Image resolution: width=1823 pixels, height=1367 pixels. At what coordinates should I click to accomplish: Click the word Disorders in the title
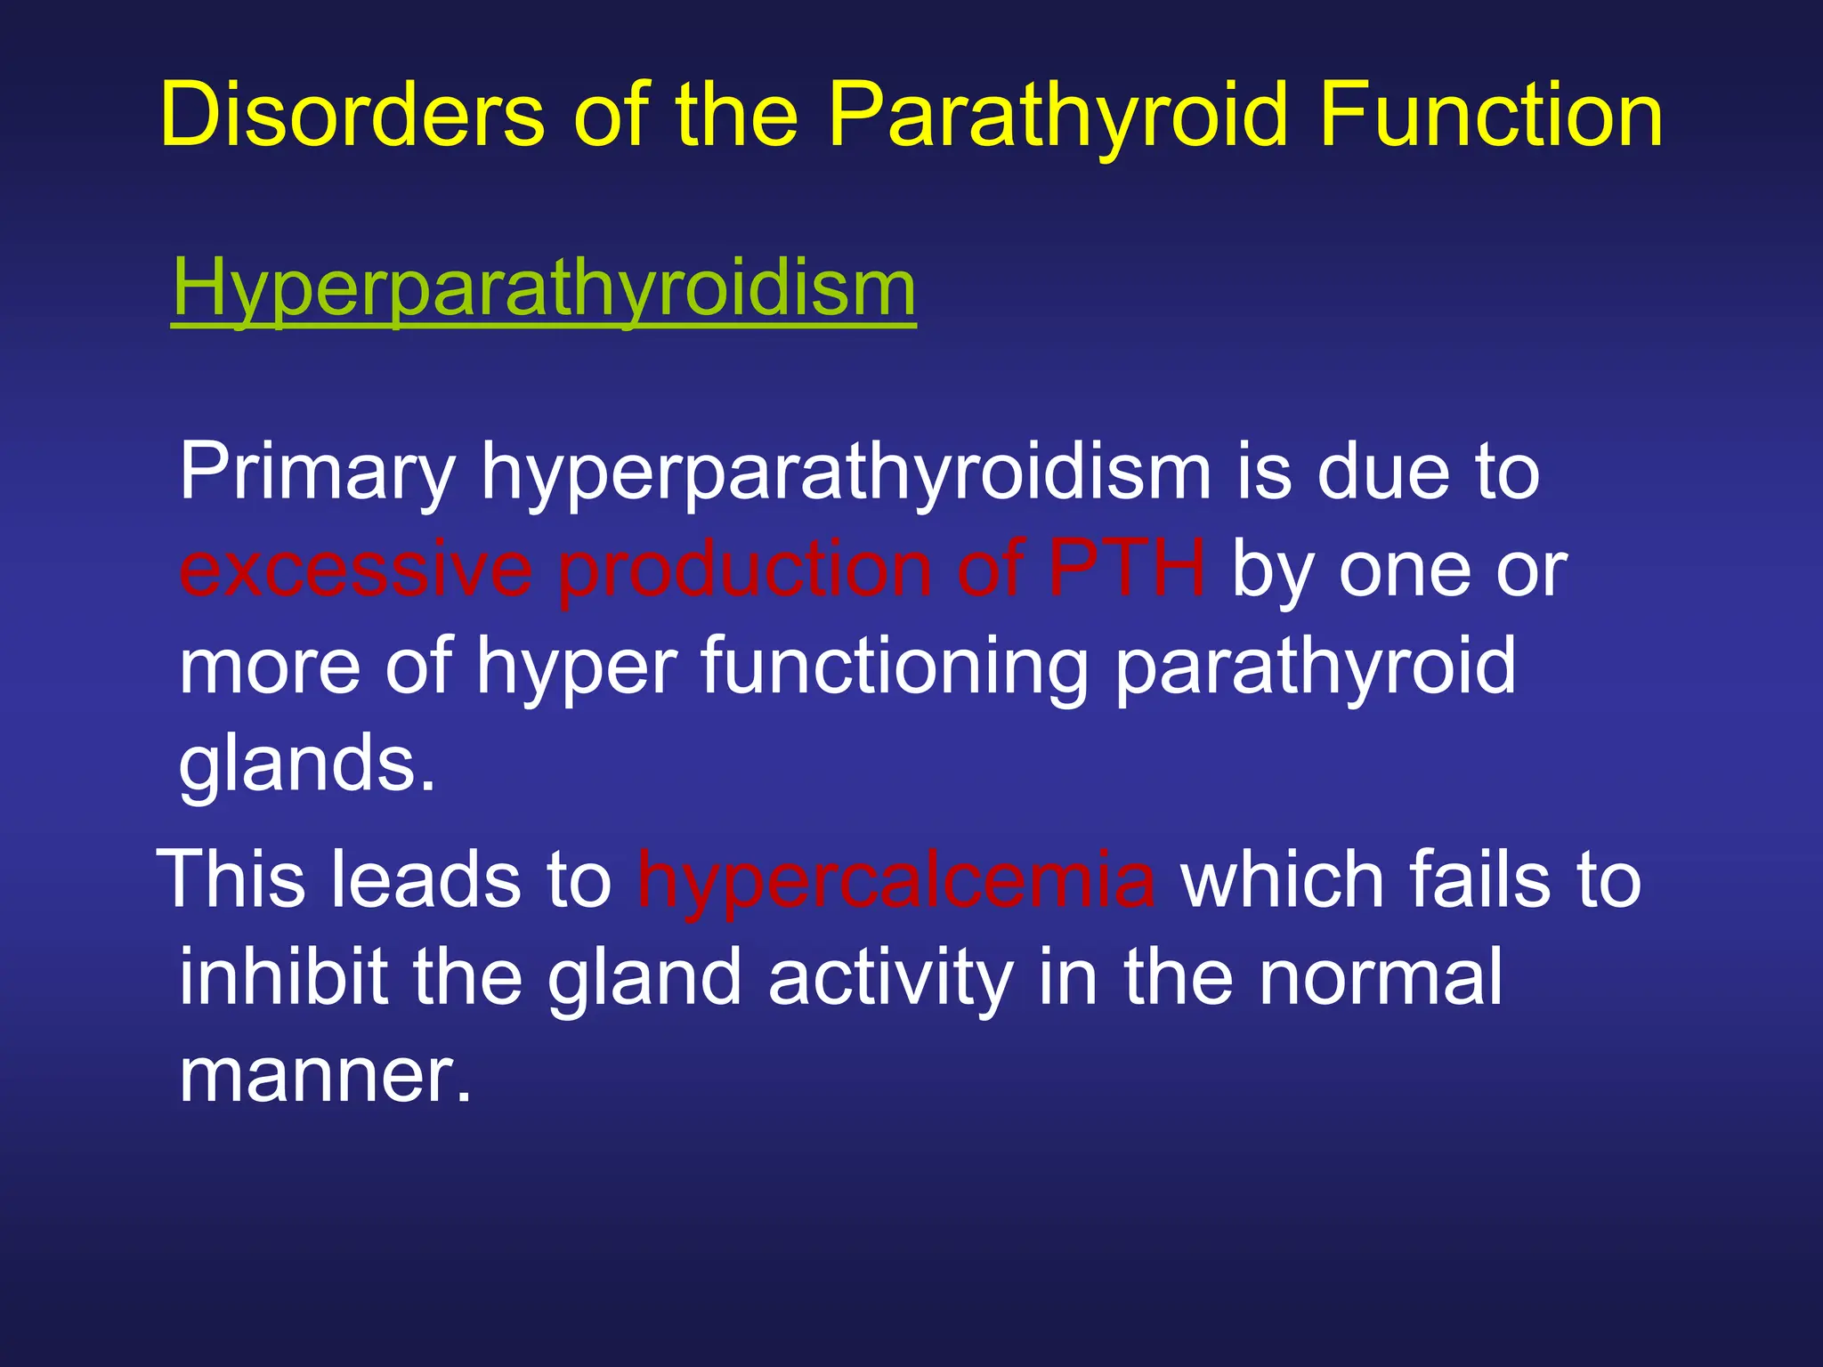click(x=352, y=116)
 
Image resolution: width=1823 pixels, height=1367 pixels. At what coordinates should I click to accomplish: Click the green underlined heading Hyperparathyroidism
click(x=543, y=289)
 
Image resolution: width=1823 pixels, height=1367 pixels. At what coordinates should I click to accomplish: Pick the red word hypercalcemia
click(x=895, y=879)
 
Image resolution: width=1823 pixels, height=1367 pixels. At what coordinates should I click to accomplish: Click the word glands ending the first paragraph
click(x=307, y=764)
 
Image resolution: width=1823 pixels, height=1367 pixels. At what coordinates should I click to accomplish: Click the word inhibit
click(x=284, y=977)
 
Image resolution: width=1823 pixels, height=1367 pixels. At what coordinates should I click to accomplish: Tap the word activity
click(x=890, y=977)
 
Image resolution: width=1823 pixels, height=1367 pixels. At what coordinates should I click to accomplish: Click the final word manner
click(x=324, y=1075)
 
